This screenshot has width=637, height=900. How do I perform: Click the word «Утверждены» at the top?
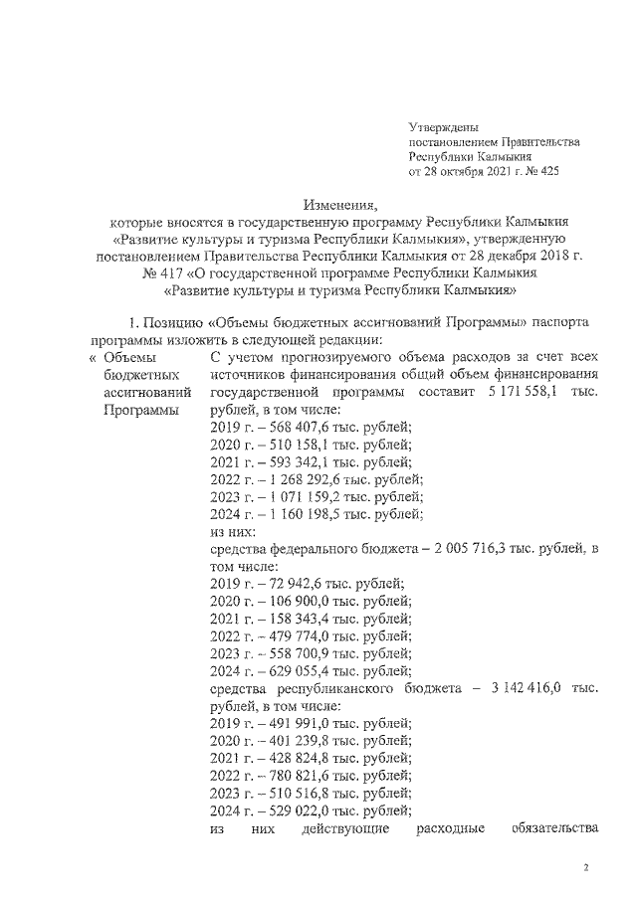444,127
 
